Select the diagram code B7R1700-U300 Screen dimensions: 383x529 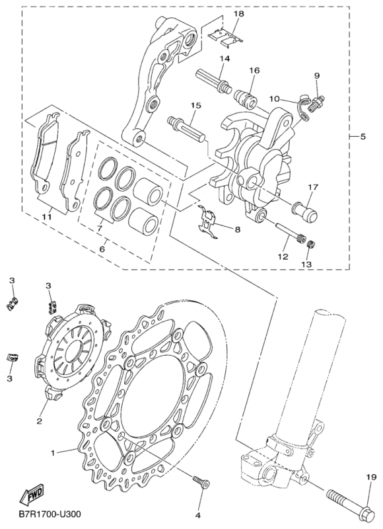(x=50, y=514)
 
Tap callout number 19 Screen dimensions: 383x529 (x=371, y=477)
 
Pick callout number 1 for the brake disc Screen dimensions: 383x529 (x=53, y=453)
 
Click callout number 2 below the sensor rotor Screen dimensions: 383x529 (x=39, y=421)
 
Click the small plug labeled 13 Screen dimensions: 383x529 (x=312, y=243)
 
